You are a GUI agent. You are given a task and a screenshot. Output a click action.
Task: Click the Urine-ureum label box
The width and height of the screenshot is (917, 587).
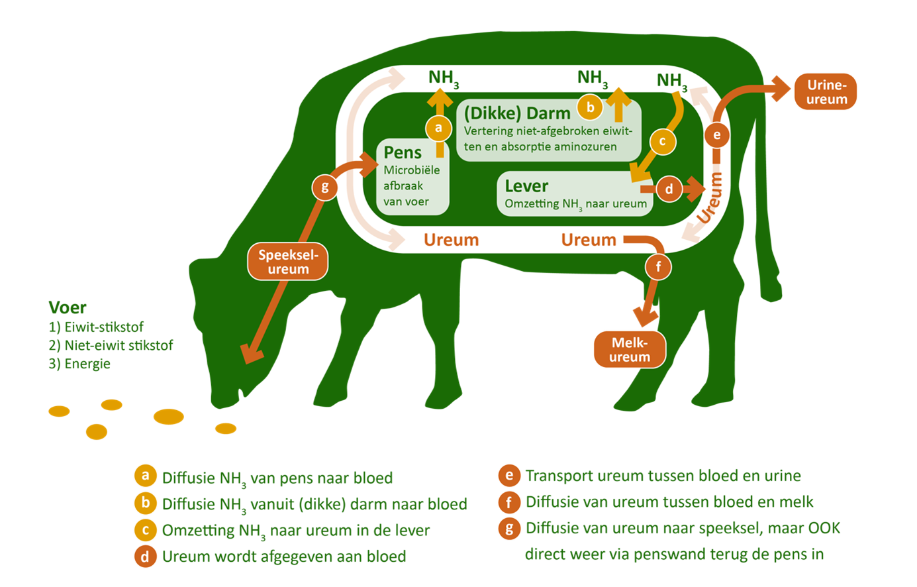pyautogui.click(x=826, y=92)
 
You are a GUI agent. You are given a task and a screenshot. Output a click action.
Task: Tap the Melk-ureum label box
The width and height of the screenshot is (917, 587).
pyautogui.click(x=629, y=349)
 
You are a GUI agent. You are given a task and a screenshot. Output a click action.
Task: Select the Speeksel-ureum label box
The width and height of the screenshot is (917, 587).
pyautogui.click(x=288, y=262)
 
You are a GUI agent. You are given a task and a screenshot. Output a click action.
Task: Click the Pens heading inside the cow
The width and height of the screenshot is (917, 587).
pyautogui.click(x=403, y=152)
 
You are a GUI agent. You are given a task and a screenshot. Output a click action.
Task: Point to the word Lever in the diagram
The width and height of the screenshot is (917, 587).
pyautogui.click(x=526, y=186)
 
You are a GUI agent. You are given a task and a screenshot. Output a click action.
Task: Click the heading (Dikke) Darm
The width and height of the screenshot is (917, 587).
pyautogui.click(x=517, y=112)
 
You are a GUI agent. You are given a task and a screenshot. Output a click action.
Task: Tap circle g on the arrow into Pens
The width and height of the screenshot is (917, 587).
pyautogui.click(x=324, y=187)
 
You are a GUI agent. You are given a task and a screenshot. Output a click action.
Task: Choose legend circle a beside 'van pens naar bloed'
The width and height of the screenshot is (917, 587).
pyautogui.click(x=145, y=476)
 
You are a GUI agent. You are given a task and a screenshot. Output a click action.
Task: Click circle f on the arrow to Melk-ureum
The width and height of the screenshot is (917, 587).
pyautogui.click(x=658, y=267)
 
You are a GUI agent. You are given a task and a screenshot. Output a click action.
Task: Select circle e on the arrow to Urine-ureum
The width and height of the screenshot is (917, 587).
pyautogui.click(x=716, y=136)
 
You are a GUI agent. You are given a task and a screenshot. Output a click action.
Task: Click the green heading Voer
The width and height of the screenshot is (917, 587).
pyautogui.click(x=68, y=307)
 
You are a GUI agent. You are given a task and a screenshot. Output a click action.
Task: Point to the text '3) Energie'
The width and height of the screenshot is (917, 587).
pyautogui.click(x=79, y=364)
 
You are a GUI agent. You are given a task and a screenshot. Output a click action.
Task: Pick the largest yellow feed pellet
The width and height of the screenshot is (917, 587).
pyautogui.click(x=168, y=417)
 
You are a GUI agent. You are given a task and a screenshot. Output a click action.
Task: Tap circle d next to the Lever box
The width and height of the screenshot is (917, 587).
pyautogui.click(x=669, y=189)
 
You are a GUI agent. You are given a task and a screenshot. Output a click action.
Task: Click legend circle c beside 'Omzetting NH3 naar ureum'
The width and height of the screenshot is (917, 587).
pyautogui.click(x=145, y=530)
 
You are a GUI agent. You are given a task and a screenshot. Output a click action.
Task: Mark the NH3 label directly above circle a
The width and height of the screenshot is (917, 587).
pyautogui.click(x=443, y=79)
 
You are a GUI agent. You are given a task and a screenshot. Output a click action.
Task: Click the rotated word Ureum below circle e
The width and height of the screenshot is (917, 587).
pyautogui.click(x=710, y=197)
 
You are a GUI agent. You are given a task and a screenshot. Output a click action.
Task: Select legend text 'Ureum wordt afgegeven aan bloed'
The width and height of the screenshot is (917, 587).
pyautogui.click(x=284, y=557)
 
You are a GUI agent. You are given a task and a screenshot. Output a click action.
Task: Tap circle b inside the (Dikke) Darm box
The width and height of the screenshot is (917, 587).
pyautogui.click(x=591, y=107)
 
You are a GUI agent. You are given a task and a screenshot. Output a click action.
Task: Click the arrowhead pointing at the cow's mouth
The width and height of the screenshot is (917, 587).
pyautogui.click(x=250, y=354)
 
